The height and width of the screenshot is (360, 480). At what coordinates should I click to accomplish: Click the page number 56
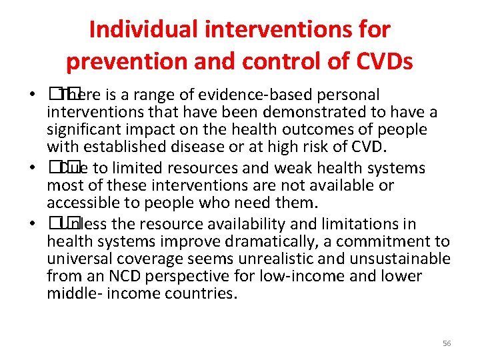tap(447, 343)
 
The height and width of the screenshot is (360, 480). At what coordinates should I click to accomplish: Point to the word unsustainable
tap(406, 259)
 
